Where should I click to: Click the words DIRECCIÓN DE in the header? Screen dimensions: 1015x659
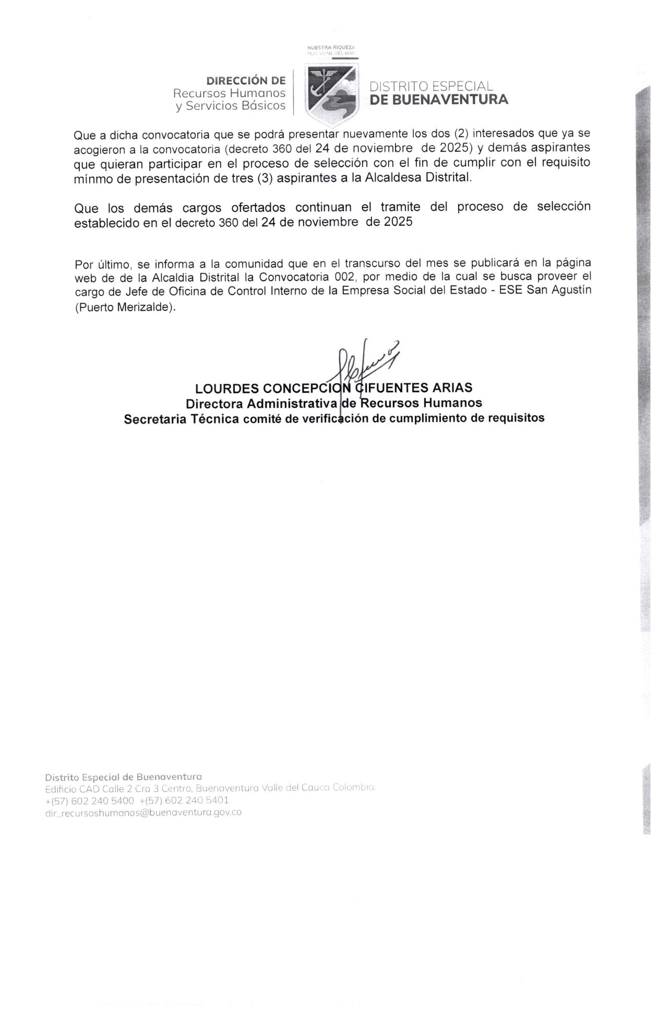coord(246,81)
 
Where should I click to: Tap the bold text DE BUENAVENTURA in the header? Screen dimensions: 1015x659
coord(439,99)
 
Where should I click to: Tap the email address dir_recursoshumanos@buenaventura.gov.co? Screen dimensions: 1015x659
coord(143,813)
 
